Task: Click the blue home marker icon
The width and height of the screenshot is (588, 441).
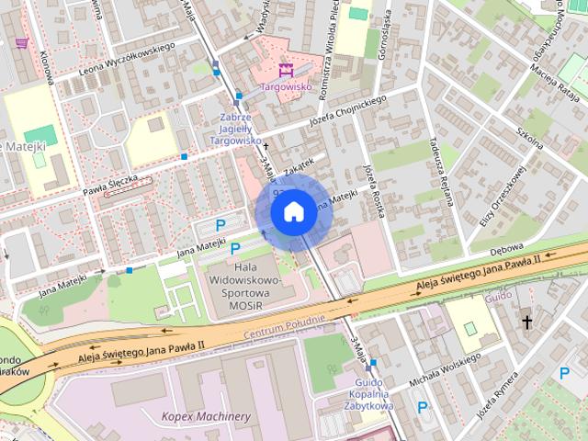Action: [292, 212]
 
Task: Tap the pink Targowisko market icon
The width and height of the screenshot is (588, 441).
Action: [285, 69]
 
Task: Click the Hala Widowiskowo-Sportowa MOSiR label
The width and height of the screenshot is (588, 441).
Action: [243, 284]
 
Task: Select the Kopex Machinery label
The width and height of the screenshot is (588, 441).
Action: [206, 416]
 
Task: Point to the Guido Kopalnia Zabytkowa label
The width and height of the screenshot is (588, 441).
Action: [374, 394]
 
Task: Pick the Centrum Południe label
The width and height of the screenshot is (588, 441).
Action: [285, 326]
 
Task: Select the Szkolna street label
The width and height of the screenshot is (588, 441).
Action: [531, 130]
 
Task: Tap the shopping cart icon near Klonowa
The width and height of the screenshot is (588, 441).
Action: [20, 43]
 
